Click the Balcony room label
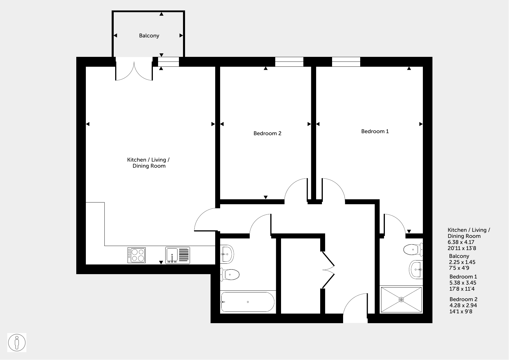(x=149, y=36)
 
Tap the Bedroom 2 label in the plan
(x=267, y=133)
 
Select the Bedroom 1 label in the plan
(x=375, y=131)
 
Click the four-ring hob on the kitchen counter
(x=137, y=255)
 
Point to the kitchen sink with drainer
(x=177, y=255)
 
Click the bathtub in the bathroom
(x=247, y=302)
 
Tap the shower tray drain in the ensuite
(x=401, y=300)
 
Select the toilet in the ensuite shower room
(x=413, y=249)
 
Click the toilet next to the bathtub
(x=230, y=274)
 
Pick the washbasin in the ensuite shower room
(x=416, y=269)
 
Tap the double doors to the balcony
(x=134, y=69)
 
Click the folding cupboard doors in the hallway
(x=328, y=269)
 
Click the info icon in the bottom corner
(x=17, y=343)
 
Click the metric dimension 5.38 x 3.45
(x=463, y=283)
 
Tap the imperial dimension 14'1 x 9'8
(x=461, y=312)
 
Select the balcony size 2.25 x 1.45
(x=462, y=262)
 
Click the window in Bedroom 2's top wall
(x=289, y=62)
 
